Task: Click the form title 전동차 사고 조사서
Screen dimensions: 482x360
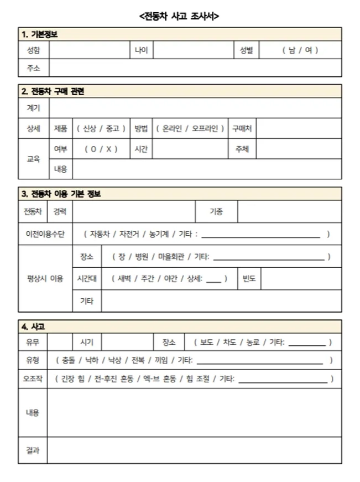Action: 180,17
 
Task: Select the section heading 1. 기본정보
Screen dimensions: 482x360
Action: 40,34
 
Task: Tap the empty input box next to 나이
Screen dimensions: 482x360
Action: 193,50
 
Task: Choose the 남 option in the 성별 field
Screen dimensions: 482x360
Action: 291,50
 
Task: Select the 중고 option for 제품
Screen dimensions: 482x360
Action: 112,128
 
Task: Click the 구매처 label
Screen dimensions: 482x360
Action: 242,128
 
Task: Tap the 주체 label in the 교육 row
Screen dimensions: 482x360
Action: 242,149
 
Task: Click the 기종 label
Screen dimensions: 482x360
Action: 216,211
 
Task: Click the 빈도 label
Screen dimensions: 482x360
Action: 249,279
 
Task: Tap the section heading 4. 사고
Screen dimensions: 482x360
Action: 33,326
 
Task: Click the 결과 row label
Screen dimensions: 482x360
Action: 33,450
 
